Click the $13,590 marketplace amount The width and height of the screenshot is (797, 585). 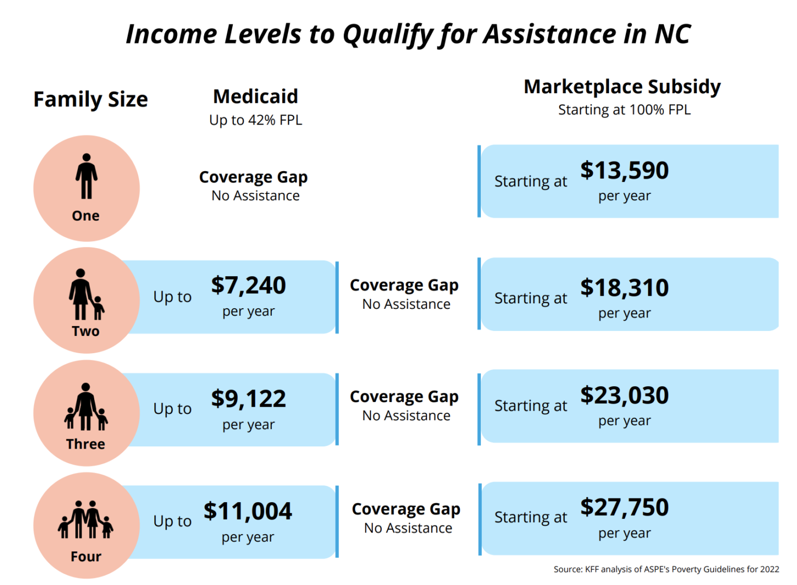pyautogui.click(x=624, y=171)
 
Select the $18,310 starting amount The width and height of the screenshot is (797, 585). pyautogui.click(x=624, y=288)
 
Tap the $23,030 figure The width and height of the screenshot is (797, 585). pyautogui.click(x=624, y=395)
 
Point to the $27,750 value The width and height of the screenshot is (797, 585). pyautogui.click(x=624, y=508)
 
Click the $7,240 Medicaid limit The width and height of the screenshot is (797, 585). pyautogui.click(x=249, y=285)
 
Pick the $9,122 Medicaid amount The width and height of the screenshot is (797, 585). pyautogui.click(x=249, y=399)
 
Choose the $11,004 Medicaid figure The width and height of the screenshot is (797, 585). pyautogui.click(x=248, y=511)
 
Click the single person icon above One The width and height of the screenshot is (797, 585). pyautogui.click(x=86, y=177)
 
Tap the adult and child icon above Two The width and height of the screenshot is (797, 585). pyautogui.click(x=86, y=294)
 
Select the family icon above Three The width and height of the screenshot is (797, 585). pyautogui.click(x=86, y=407)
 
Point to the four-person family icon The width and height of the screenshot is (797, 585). pyautogui.click(x=86, y=519)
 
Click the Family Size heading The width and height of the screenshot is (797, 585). pyautogui.click(x=90, y=100)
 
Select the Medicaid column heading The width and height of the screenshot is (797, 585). pyautogui.click(x=256, y=96)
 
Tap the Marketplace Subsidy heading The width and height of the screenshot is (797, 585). pyautogui.click(x=622, y=87)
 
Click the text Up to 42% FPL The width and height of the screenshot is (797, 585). pyautogui.click(x=256, y=120)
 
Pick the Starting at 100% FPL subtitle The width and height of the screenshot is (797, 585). pyautogui.click(x=624, y=110)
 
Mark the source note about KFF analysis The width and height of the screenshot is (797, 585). pyautogui.click(x=666, y=569)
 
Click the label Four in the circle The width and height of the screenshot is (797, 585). pyautogui.click(x=86, y=557)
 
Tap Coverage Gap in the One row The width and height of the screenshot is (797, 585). pyautogui.click(x=253, y=177)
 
